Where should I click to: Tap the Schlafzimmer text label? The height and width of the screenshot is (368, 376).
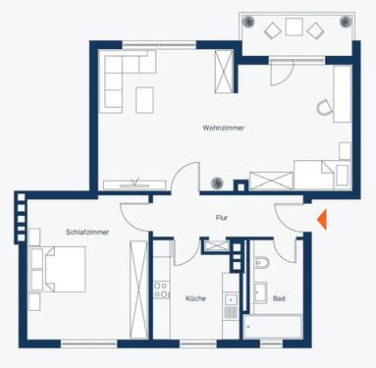click(x=86, y=233)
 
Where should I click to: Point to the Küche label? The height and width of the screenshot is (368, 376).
click(x=194, y=297)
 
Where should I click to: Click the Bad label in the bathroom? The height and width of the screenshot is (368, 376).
click(x=279, y=297)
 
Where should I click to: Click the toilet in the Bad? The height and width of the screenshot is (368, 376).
click(x=259, y=262)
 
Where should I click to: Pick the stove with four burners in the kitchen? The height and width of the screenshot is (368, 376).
click(x=162, y=290)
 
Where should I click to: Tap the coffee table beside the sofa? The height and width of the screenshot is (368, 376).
click(x=145, y=99)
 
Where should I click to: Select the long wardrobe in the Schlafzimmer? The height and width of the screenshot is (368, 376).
click(x=137, y=287)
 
